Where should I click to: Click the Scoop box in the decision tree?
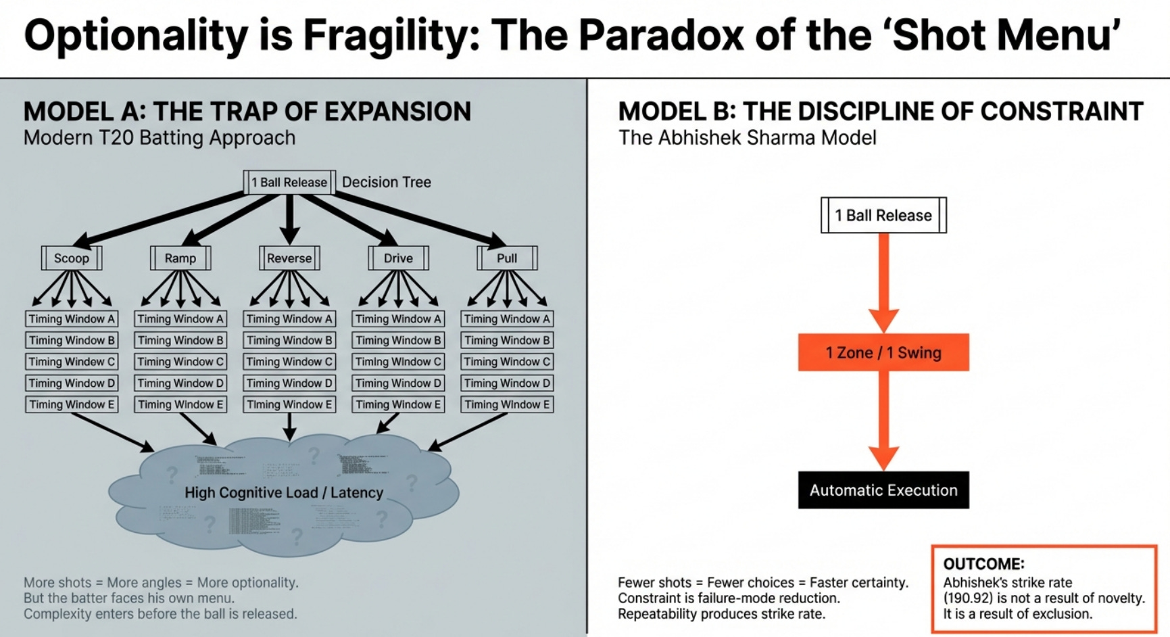click(72, 258)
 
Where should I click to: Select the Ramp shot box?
click(180, 258)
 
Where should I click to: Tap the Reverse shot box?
click(289, 258)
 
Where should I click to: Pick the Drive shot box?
click(398, 258)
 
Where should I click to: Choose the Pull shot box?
click(507, 258)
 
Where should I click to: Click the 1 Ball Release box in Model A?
click(289, 183)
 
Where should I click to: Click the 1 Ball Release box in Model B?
click(883, 216)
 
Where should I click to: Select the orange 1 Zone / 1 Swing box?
click(883, 352)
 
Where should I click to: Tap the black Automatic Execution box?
click(883, 490)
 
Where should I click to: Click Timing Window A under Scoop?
click(72, 319)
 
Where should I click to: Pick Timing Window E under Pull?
click(507, 404)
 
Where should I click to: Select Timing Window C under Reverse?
click(289, 362)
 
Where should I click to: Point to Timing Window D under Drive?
click(398, 383)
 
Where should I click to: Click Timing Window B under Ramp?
click(180, 340)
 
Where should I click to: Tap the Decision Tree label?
click(387, 183)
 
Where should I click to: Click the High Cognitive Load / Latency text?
click(284, 493)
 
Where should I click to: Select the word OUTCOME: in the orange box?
click(983, 564)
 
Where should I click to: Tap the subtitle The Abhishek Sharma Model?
click(747, 138)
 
